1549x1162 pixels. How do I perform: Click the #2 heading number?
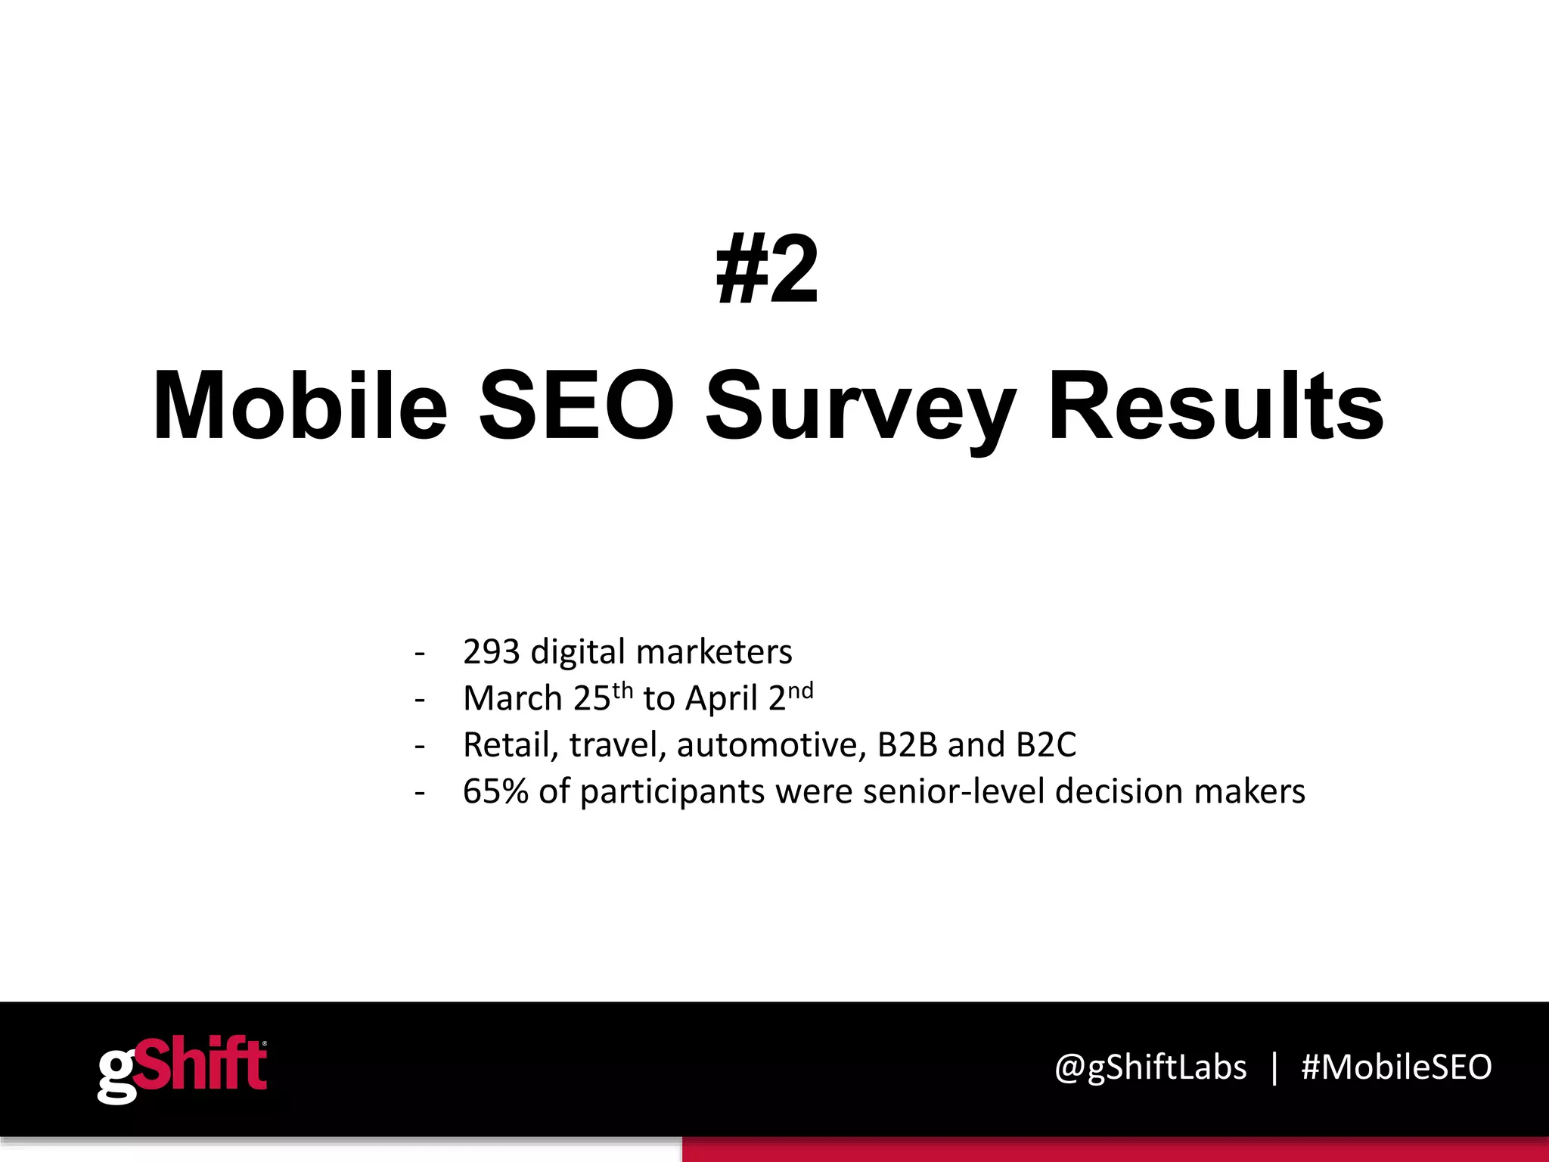767,271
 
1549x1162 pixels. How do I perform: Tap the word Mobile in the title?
300,406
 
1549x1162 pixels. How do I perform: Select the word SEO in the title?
576,406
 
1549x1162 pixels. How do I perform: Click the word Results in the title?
1216,406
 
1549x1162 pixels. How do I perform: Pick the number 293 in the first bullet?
491,651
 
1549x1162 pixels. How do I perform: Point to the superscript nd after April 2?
800,689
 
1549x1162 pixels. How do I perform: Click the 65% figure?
495,791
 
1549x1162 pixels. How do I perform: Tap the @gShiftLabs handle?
1150,1068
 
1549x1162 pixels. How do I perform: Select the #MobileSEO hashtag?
1396,1067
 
